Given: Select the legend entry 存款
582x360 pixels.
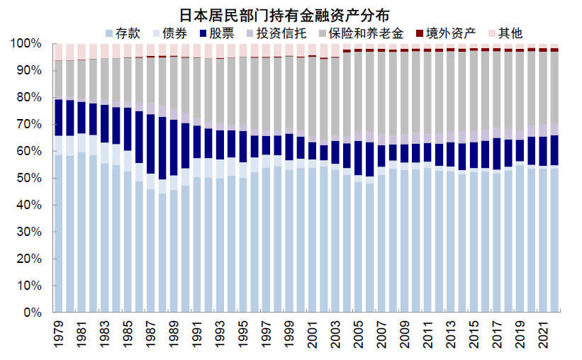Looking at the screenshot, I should point(125,33).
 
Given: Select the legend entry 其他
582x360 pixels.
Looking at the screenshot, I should point(511,33).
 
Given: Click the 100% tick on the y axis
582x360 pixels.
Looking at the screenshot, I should point(26,44).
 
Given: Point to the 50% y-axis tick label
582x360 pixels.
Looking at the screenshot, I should point(28,178).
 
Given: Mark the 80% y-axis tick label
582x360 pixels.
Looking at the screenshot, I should point(28,98).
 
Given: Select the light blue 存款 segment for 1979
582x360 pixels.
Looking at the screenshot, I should point(60,234).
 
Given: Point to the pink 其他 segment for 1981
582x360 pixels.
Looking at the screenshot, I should point(82,51).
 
